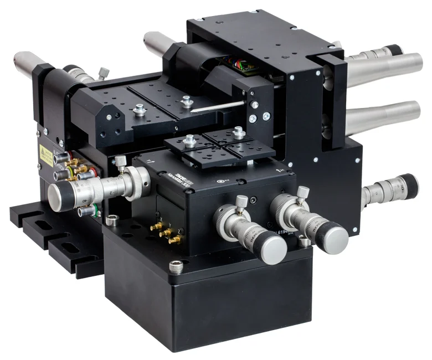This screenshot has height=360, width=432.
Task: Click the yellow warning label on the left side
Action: pyautogui.click(x=46, y=157)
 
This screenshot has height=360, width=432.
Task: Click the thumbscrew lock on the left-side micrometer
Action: pyautogui.click(x=119, y=162)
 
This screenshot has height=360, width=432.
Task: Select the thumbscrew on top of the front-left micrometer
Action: pyautogui.click(x=241, y=200)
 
